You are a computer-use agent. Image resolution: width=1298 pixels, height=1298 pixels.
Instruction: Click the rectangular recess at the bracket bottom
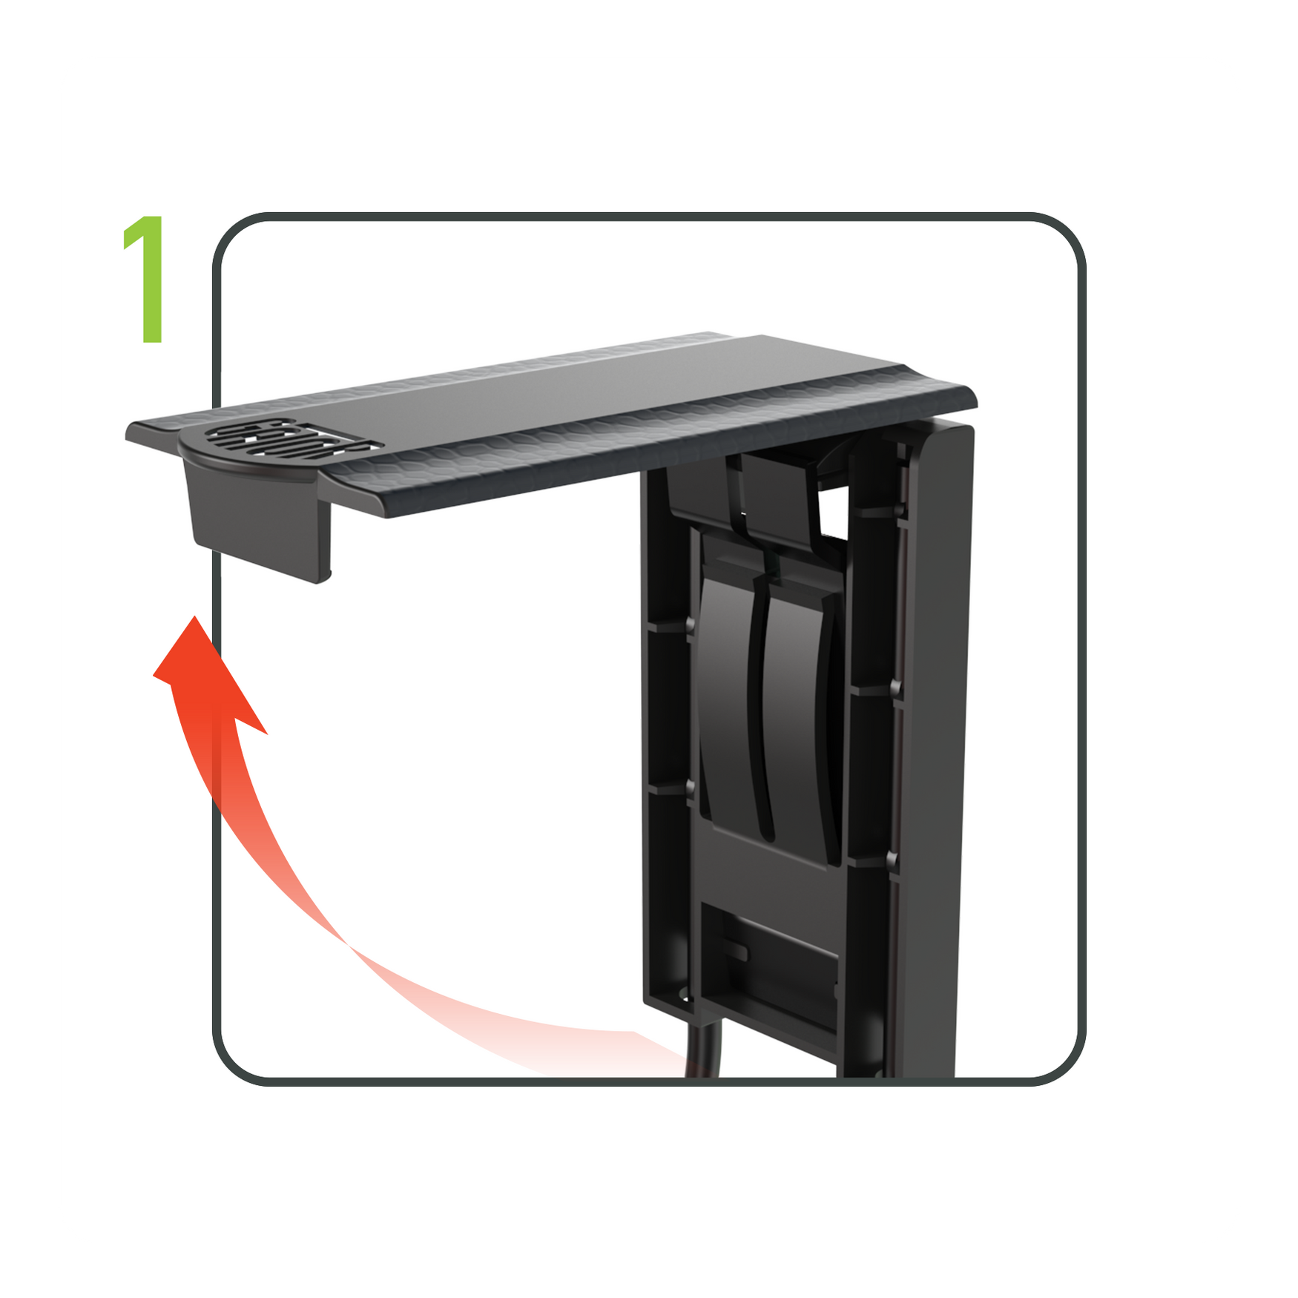[x=771, y=964]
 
